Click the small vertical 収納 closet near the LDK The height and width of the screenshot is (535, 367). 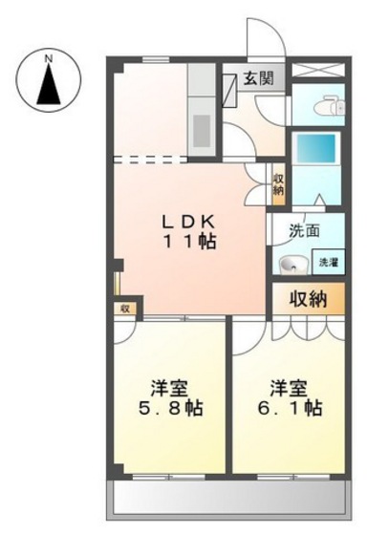pos(278,184)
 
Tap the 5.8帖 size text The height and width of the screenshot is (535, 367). pos(168,410)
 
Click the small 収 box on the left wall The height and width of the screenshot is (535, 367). pos(123,309)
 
